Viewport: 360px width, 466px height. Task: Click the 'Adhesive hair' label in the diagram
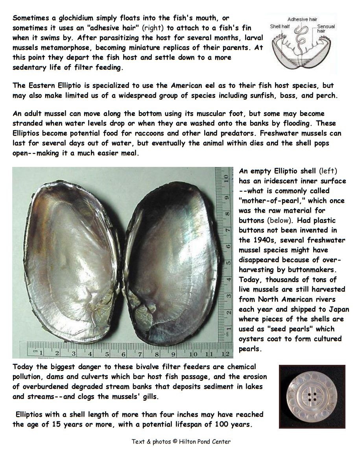click(x=302, y=19)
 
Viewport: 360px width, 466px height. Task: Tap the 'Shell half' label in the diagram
click(x=280, y=27)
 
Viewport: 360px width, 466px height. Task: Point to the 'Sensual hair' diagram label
click(x=326, y=29)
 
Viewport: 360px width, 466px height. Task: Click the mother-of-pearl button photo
click(x=312, y=397)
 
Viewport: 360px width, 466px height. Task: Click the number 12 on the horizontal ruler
click(x=225, y=354)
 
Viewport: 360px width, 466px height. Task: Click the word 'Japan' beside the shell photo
click(x=339, y=309)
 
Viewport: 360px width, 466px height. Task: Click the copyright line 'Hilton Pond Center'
click(x=205, y=442)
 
